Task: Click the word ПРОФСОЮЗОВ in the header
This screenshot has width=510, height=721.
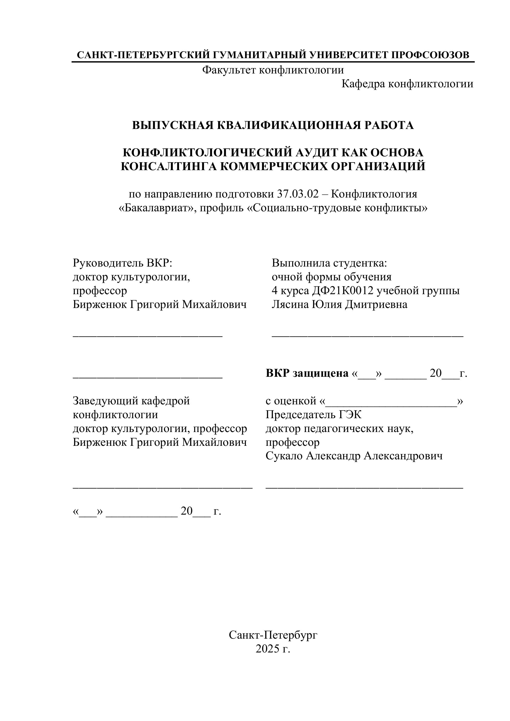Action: coord(430,55)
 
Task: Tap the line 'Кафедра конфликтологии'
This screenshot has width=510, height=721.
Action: coord(407,84)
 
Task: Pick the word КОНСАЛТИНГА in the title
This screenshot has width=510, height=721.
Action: coord(169,166)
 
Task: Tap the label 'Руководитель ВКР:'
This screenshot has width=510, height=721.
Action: coord(123,263)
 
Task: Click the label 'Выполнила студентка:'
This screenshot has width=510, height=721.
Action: coord(329,263)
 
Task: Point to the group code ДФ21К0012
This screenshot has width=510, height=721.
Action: coord(343,291)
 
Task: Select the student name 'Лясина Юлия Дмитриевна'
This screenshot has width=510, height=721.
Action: coord(340,304)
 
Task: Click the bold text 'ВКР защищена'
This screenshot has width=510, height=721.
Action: coord(307,373)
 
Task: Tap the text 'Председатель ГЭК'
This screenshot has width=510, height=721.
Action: coord(313,415)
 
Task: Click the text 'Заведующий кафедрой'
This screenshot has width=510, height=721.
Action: coord(131,401)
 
